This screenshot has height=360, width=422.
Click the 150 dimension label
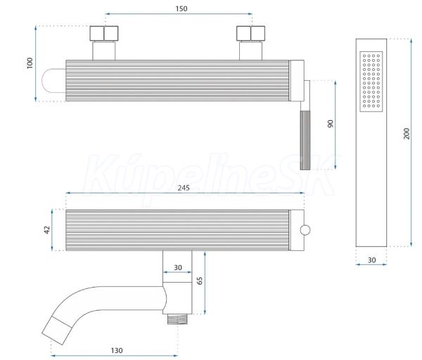tap(181, 8)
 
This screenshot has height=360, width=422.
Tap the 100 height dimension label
tap(30, 63)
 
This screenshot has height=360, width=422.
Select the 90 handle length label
tap(331, 124)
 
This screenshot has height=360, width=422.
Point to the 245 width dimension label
tap(184, 188)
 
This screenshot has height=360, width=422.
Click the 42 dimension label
tap(47, 230)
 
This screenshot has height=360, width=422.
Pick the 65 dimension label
tap(200, 281)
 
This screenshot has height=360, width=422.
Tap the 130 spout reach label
tap(117, 350)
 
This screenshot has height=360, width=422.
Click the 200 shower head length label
tap(407, 134)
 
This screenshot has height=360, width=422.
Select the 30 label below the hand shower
tap(371, 260)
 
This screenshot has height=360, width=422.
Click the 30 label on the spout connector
tap(178, 267)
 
